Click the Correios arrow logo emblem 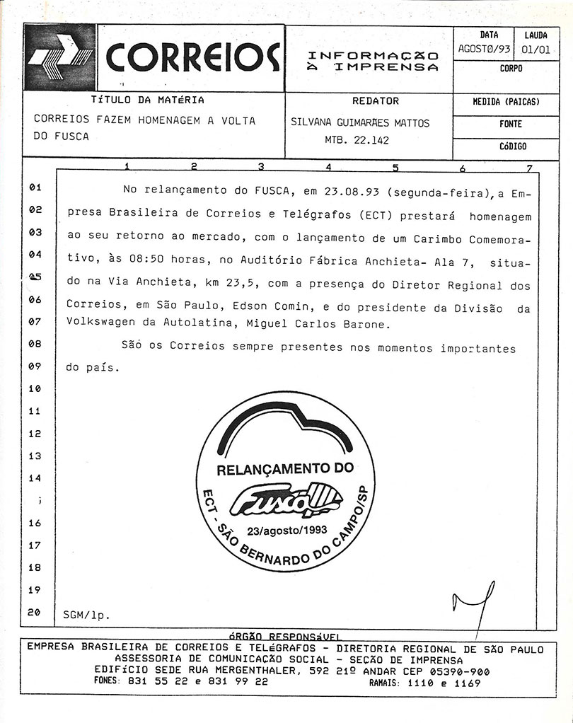(x=60, y=58)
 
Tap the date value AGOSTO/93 (x=484, y=50)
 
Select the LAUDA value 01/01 (x=536, y=50)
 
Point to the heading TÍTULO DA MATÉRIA (x=148, y=100)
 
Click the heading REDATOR (x=375, y=101)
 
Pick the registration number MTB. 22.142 (x=352, y=140)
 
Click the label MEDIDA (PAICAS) (x=506, y=102)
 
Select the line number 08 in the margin (x=35, y=345)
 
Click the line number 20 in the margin (x=35, y=613)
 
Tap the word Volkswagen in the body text (x=102, y=325)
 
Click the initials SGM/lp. (x=86, y=614)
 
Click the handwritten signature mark (x=473, y=603)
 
